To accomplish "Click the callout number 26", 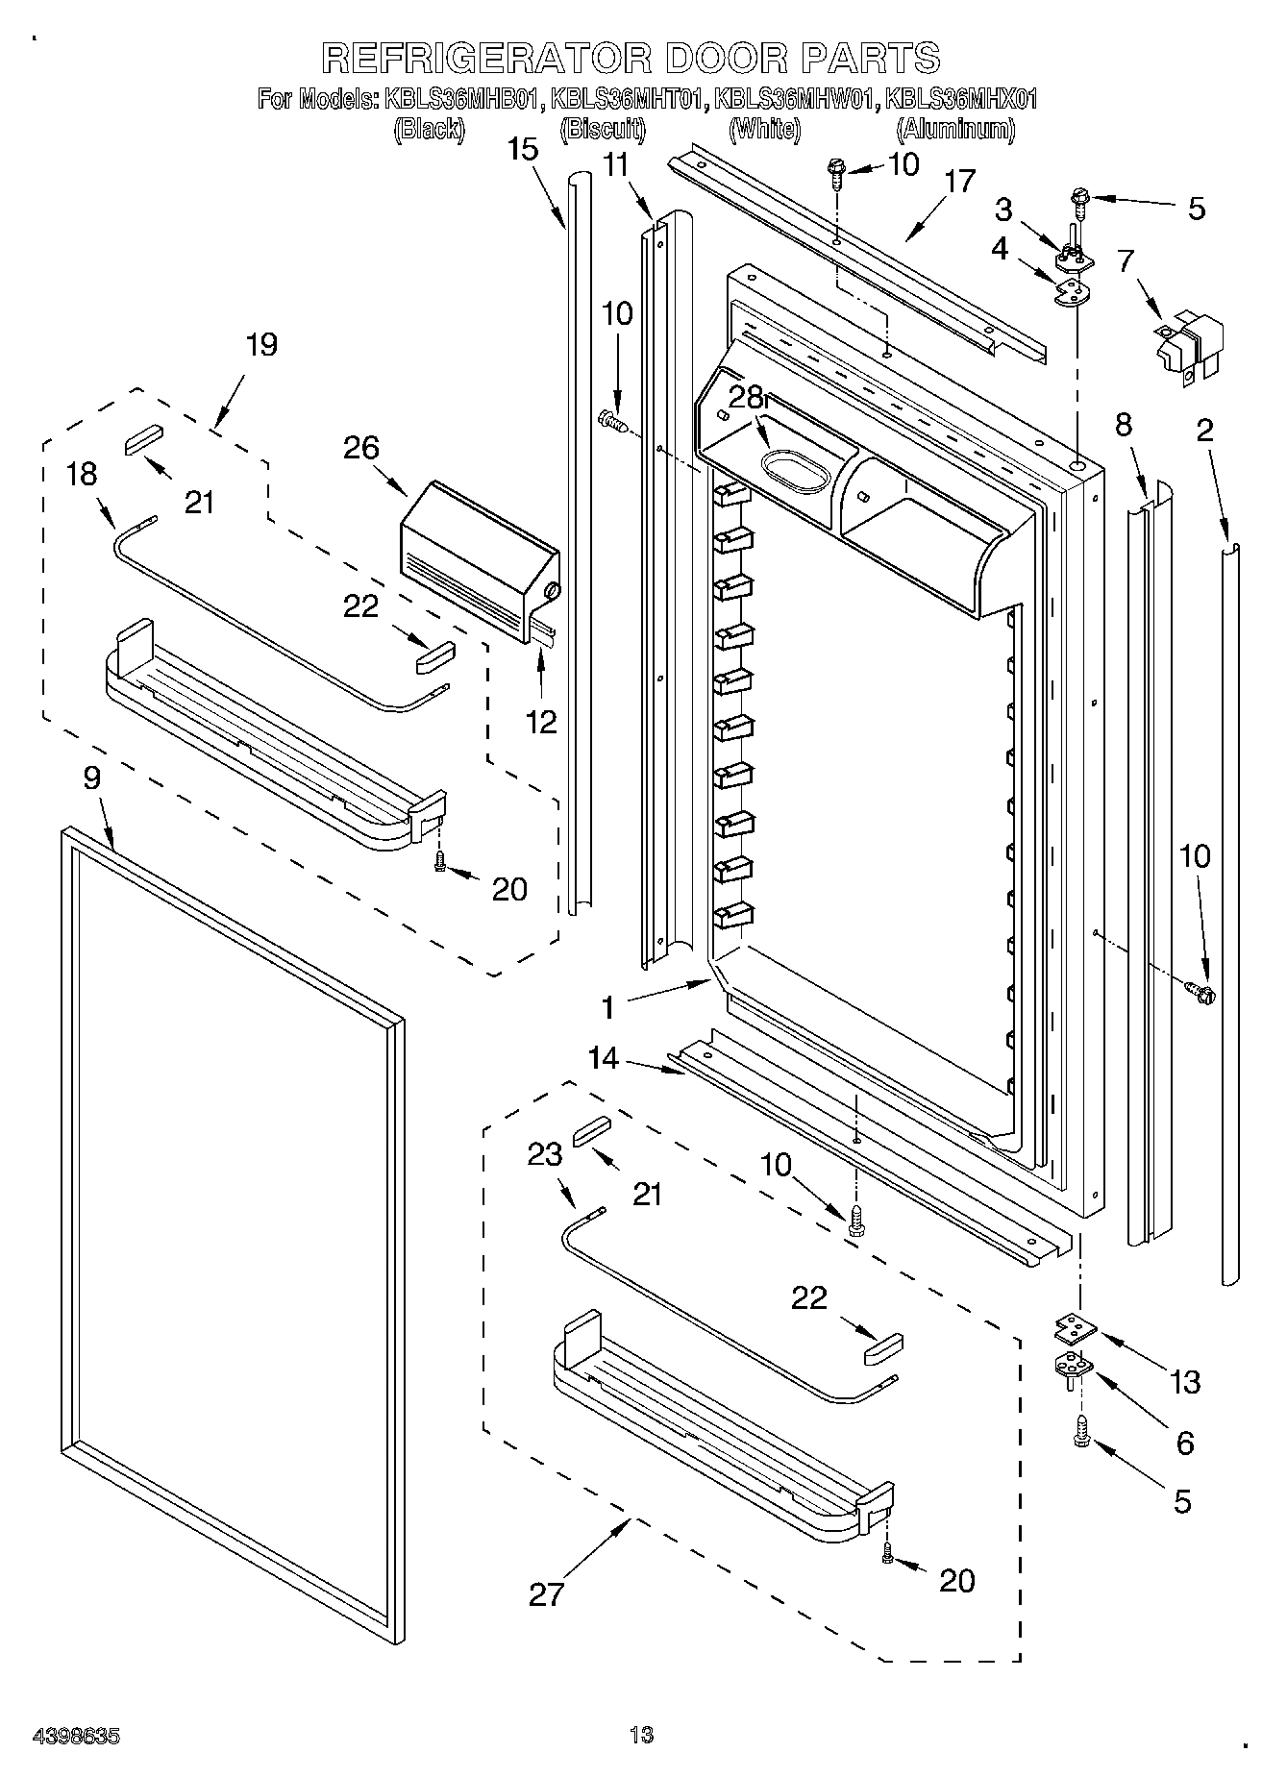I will coord(363,448).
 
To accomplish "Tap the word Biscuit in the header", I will coord(602,129).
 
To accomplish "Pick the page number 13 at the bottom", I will coord(641,1735).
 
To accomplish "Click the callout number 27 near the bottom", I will coord(546,1595).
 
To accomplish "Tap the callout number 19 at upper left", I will coord(260,345).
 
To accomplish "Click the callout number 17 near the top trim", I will coord(958,181).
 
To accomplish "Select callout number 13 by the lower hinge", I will coord(1185,1382).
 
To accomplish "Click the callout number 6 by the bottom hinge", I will coord(1184,1443).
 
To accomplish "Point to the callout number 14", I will coord(604,1059).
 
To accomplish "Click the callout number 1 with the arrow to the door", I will coord(606,1007).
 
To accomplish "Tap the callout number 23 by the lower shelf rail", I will coord(545,1153).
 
